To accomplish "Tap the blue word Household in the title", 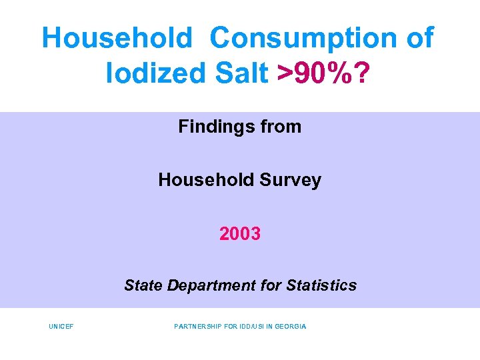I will (117, 38).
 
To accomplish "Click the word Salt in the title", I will (239, 73).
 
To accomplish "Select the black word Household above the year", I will (201, 180).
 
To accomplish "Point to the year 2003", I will (240, 234).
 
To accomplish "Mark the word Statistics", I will (321, 286).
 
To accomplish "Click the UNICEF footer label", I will (61, 327).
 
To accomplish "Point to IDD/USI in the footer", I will (251, 327).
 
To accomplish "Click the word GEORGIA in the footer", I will (291, 327).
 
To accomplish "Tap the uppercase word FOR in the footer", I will (230, 327).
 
